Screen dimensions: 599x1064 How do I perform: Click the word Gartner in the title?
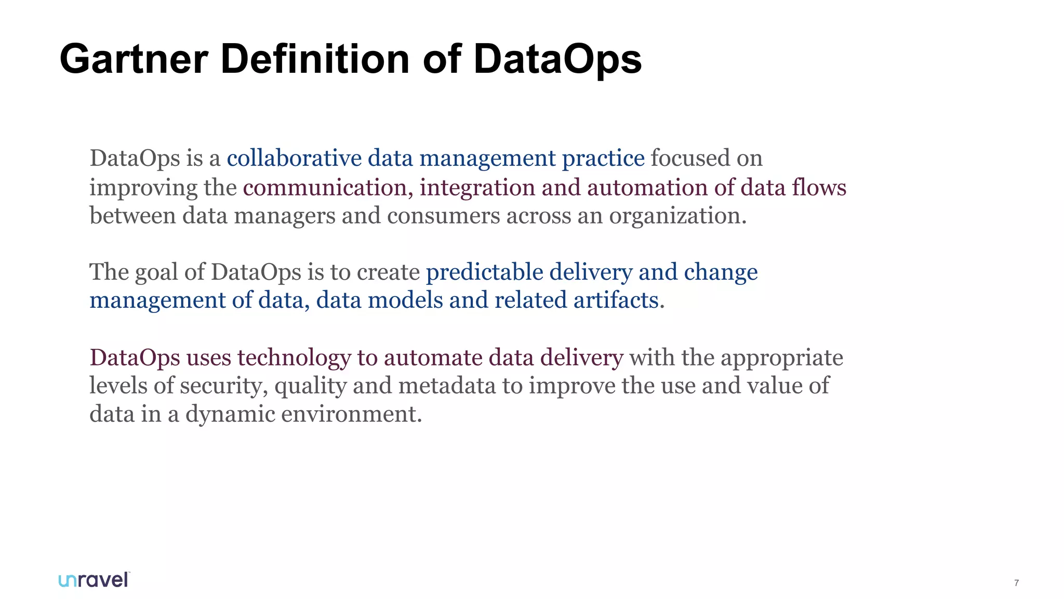[x=134, y=59]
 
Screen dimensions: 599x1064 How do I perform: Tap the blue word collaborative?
[x=294, y=158]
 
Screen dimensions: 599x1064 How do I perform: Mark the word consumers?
[x=443, y=216]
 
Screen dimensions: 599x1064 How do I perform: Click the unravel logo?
[x=94, y=580]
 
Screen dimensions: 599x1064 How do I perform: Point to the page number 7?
[x=1016, y=583]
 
